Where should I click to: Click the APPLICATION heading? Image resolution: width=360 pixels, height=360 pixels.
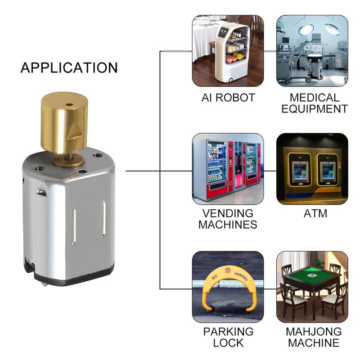tap(69, 67)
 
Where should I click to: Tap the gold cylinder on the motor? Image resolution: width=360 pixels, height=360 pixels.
tap(64, 122)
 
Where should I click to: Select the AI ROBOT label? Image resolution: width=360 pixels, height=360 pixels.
tap(228, 98)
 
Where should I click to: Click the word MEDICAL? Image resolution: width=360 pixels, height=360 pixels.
tap(314, 98)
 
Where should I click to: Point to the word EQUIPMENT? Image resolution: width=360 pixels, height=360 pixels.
tap(315, 108)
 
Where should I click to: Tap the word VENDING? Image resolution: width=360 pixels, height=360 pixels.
tap(228, 213)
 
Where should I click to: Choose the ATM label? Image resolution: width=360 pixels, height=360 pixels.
tap(315, 213)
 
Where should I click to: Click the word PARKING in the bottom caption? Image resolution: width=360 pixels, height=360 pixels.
tap(228, 332)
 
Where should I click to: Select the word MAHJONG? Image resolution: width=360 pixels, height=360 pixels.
tap(314, 332)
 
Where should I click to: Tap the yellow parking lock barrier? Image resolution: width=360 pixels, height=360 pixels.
tap(228, 288)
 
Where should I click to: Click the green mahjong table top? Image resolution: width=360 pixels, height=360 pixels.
tap(311, 274)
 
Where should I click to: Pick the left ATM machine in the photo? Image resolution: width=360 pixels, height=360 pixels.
tap(299, 170)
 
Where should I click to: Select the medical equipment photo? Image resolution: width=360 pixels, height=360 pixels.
tap(312, 51)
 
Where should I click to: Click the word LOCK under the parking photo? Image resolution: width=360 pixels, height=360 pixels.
tap(228, 342)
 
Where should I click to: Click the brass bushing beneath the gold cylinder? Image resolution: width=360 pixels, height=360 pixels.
tap(69, 161)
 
